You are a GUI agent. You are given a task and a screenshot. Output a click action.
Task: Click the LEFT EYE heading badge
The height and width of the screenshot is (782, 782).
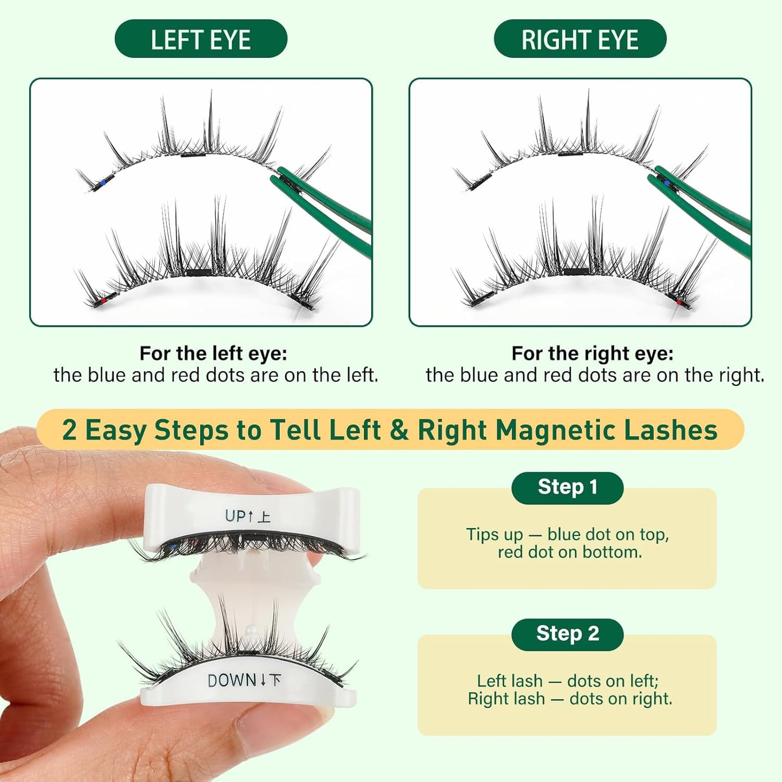coord(201,39)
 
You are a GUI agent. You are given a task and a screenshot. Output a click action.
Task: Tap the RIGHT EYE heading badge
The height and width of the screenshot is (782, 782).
coord(580,39)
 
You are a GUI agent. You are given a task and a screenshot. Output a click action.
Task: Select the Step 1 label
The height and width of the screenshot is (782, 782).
coord(567,487)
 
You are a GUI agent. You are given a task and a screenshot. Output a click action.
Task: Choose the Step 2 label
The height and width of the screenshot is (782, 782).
coord(567,634)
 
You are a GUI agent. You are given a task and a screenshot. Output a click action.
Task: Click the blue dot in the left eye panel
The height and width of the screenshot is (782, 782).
coord(102,183)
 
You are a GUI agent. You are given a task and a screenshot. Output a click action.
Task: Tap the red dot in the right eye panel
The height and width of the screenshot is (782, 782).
coord(679,302)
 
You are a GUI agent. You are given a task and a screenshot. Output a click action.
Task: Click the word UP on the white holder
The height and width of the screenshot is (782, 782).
coord(235,516)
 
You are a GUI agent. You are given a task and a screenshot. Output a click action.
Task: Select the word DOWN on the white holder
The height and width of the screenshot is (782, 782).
coord(232,680)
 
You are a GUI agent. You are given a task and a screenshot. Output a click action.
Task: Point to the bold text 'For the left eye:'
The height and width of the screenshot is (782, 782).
coord(213,353)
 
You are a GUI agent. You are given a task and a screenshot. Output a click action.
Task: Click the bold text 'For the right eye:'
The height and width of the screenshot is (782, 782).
coord(592,353)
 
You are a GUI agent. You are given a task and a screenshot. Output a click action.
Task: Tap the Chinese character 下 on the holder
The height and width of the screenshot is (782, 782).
coord(275,680)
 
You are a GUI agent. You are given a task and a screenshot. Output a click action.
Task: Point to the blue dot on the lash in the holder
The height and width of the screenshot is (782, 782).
coord(173,548)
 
